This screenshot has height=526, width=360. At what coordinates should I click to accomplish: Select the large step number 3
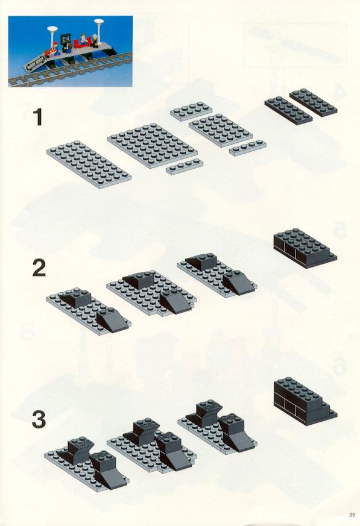pos(39,419)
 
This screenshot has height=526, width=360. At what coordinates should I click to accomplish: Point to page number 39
pos(352,515)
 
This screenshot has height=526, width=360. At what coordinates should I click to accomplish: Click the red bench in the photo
pos(81,43)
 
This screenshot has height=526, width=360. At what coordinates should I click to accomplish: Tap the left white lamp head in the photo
pos(52,29)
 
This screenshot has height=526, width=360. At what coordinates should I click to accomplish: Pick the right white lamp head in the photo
pos(99,22)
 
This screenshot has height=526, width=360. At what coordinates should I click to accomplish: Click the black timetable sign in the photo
pos(66,39)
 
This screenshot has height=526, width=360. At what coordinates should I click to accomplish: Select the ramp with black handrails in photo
pos(34,63)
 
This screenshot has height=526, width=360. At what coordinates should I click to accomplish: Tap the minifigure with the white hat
pos(97,40)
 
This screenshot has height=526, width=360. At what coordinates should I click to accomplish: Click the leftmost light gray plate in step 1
pos(89,164)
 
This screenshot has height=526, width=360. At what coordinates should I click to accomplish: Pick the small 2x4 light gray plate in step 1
pos(191,111)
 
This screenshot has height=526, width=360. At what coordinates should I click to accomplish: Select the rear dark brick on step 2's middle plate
pos(139,280)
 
